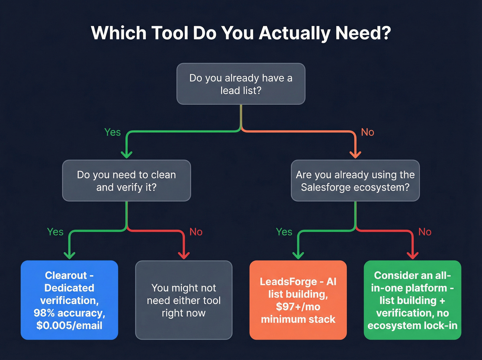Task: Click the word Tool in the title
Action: pos(169,33)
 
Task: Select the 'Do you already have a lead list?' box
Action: pos(241,84)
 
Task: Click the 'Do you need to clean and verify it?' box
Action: pos(126,181)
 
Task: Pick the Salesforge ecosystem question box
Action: pos(355,181)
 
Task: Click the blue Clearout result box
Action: pos(69,300)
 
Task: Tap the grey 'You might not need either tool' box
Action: pos(184,300)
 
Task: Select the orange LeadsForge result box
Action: pos(298,300)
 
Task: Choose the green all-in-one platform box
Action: pos(412,300)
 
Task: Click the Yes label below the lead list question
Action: pos(113,132)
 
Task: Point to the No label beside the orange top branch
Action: pos(367,132)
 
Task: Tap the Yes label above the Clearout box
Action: pos(55,232)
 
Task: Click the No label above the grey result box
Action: pos(196,232)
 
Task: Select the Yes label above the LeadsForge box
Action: pos(284,232)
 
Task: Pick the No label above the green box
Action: pos(425,232)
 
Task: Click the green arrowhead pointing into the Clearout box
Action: pos(70,255)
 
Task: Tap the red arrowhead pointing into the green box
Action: pos(412,255)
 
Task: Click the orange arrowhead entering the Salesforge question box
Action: pos(355,154)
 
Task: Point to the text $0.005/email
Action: pos(69,326)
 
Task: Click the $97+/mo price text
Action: pos(298,307)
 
